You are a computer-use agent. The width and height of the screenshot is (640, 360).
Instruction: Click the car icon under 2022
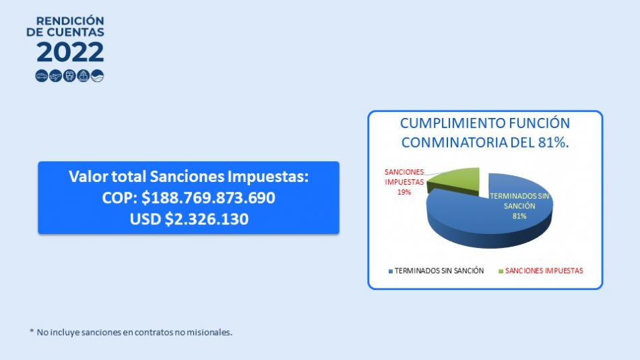pyautogui.click(x=42, y=76)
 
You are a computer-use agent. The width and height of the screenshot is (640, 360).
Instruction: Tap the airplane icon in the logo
pyautogui.click(x=55, y=76)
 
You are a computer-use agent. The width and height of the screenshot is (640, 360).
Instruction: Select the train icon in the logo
pyautogui.click(x=69, y=76)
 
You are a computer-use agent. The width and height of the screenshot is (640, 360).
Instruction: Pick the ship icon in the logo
pyautogui.click(x=84, y=76)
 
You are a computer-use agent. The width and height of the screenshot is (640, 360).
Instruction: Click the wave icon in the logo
pyautogui.click(x=97, y=76)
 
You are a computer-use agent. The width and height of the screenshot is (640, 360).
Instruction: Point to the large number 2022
pyautogui.click(x=70, y=53)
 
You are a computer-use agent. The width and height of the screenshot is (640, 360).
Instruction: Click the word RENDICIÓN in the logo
pyautogui.click(x=70, y=21)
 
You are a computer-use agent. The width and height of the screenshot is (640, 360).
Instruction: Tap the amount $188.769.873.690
pyautogui.click(x=208, y=198)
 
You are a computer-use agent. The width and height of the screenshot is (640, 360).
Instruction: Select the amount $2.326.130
pyautogui.click(x=207, y=219)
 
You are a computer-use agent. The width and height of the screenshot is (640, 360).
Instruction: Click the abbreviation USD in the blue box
pyautogui.click(x=146, y=219)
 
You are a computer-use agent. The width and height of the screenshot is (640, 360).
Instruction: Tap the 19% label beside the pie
pyautogui.click(x=404, y=192)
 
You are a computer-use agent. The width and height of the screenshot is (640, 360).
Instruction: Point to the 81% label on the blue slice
pyautogui.click(x=519, y=216)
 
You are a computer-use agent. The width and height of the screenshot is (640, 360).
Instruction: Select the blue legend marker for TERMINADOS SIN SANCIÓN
pyautogui.click(x=391, y=271)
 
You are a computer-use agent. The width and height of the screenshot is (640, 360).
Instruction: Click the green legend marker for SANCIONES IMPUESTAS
pyautogui.click(x=501, y=271)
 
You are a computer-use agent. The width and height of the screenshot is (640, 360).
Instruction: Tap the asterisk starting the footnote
pyautogui.click(x=32, y=330)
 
